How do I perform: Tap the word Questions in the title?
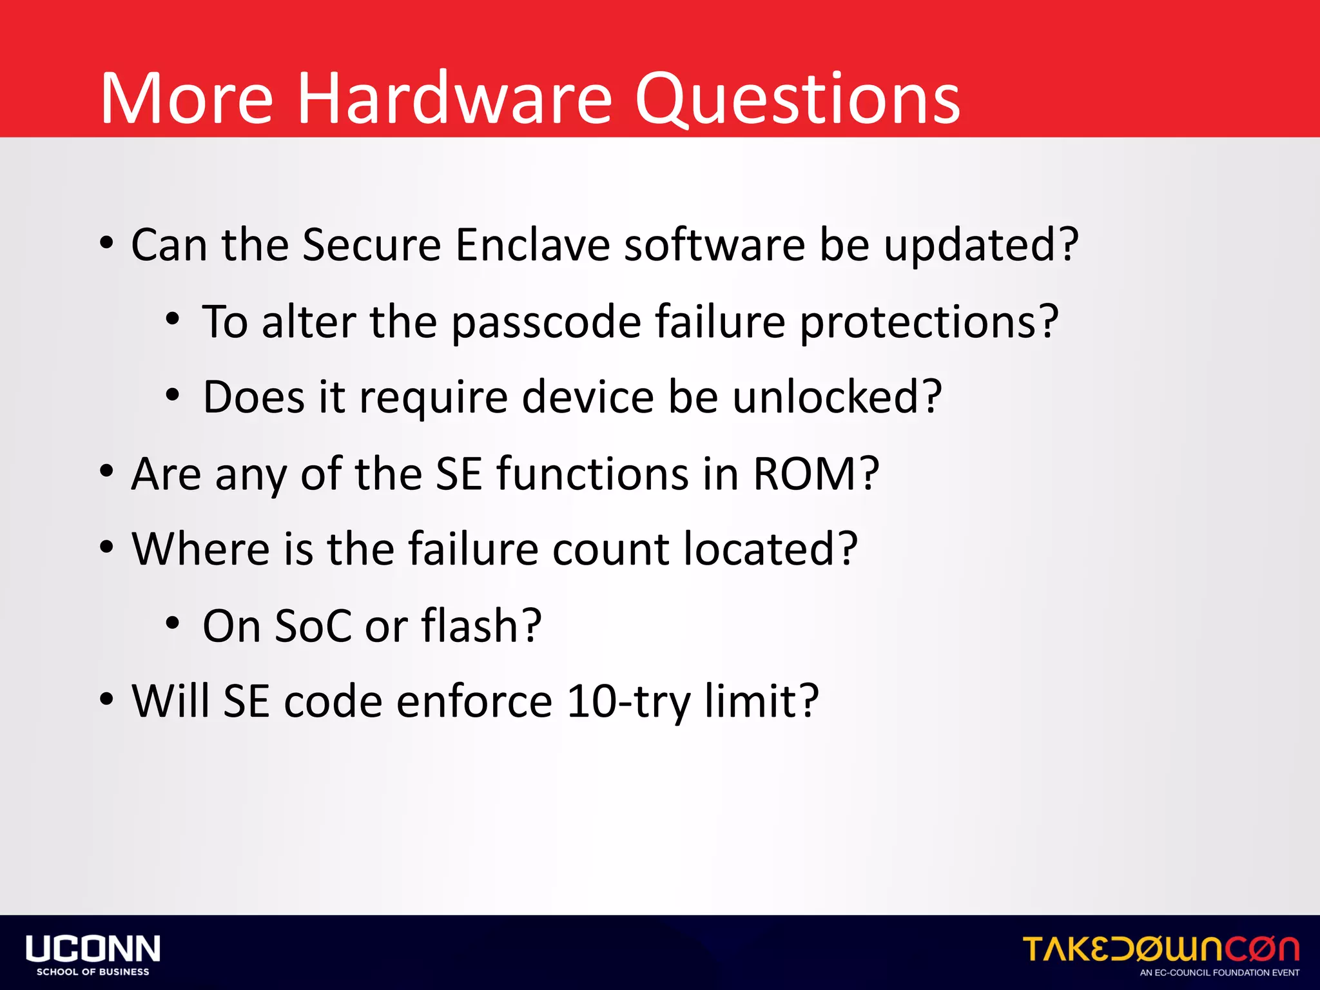point(797,100)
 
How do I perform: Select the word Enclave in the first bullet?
point(532,246)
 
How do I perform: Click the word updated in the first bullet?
point(980,247)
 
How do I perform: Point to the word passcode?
point(546,323)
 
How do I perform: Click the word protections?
point(928,323)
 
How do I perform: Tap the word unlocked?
point(837,398)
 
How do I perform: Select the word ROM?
point(815,474)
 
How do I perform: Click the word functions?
point(592,474)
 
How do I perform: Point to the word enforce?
point(474,702)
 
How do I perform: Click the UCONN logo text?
point(93,949)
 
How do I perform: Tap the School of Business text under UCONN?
point(93,972)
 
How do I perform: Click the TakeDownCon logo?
point(1161,949)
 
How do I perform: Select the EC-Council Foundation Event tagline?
point(1219,973)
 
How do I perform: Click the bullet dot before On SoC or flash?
point(172,623)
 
